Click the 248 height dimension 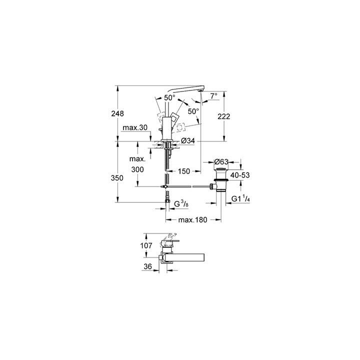click(x=117, y=114)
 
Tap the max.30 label click(x=135, y=128)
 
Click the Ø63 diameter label click(x=221, y=161)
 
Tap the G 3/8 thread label click(x=181, y=203)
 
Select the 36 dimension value click(x=147, y=267)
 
